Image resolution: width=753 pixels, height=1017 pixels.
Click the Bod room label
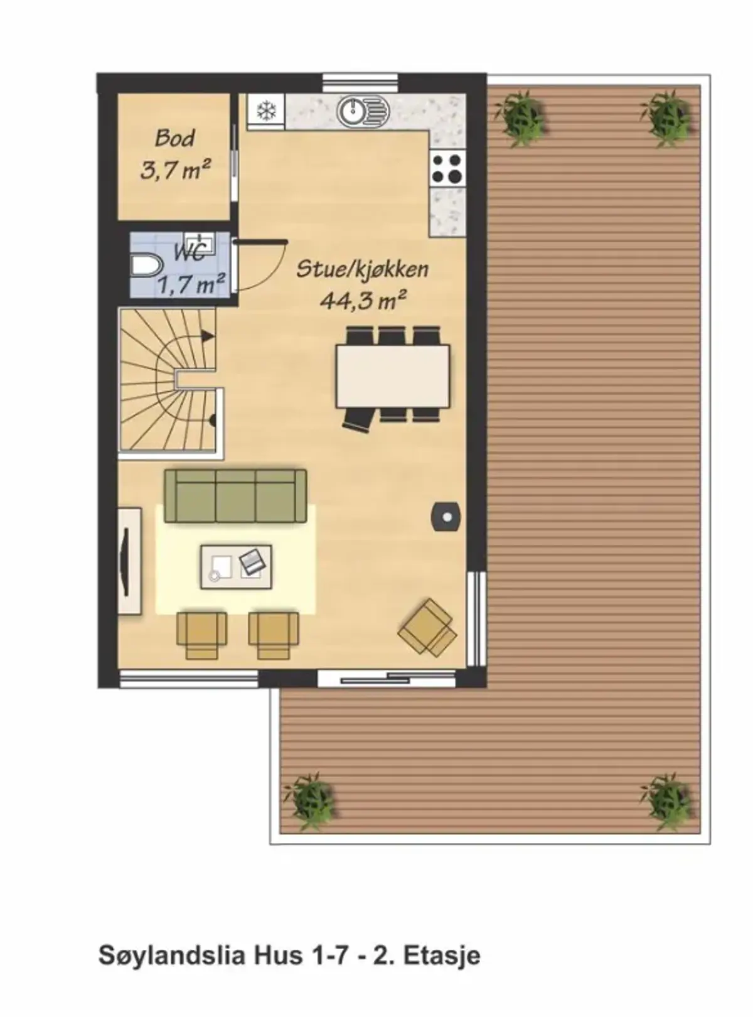(x=174, y=138)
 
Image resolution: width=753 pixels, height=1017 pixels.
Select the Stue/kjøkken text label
(x=363, y=269)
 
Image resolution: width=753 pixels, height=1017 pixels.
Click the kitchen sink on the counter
(x=363, y=110)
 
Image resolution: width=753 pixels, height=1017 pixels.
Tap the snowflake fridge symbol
(x=266, y=111)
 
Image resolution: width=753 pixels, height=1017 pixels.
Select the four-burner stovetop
(x=446, y=168)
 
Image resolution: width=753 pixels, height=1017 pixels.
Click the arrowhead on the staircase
(x=208, y=336)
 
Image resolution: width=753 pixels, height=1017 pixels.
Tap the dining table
(x=392, y=376)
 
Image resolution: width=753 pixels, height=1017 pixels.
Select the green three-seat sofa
(x=235, y=496)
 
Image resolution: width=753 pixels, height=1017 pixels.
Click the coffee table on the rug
(x=237, y=567)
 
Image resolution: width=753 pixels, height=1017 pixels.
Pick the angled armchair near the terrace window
(x=427, y=627)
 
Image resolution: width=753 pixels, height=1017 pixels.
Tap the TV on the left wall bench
(x=124, y=561)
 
